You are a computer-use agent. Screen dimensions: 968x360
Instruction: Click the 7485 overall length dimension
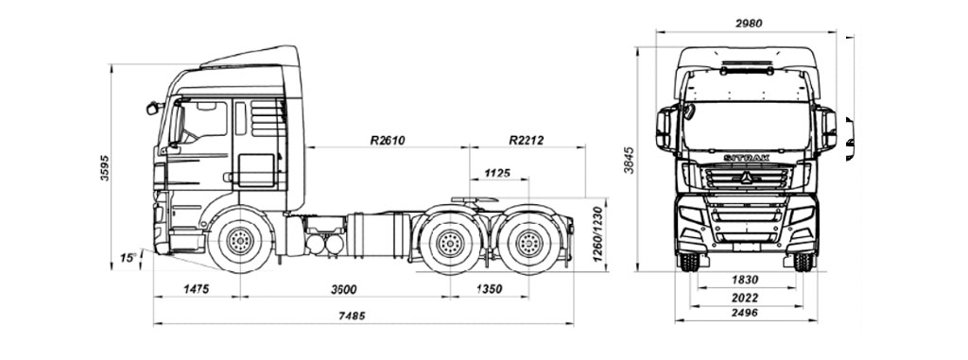[x=352, y=316]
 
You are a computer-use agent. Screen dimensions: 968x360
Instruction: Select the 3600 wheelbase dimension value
[x=344, y=289]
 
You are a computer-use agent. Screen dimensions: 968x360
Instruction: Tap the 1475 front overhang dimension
[x=197, y=289]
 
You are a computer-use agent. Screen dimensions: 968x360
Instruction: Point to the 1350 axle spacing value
[x=489, y=289]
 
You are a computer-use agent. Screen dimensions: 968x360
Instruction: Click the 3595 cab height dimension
[x=105, y=167]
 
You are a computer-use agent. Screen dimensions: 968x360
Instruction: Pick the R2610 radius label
[x=388, y=140]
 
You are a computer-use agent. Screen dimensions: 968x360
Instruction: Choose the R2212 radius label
[x=527, y=140]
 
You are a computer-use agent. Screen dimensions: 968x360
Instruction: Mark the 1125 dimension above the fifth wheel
[x=497, y=173]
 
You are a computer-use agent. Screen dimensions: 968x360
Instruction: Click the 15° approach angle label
[x=128, y=258]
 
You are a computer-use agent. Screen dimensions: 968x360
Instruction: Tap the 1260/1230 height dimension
[x=597, y=234]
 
